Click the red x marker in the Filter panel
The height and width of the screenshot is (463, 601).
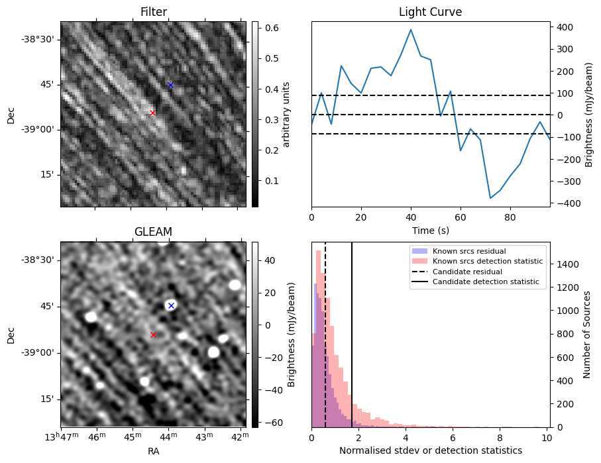pos(152,113)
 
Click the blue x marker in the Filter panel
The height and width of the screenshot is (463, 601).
pos(170,85)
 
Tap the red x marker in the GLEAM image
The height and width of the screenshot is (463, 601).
pos(153,334)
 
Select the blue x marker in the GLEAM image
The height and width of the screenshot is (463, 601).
pos(171,305)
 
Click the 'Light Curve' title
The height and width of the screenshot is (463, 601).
pos(430,12)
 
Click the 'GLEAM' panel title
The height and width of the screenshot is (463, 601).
pos(153,232)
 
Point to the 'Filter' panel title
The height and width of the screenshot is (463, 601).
pos(153,12)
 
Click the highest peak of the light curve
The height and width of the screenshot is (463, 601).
pos(411,29)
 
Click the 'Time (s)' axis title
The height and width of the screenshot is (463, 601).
pos(430,229)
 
